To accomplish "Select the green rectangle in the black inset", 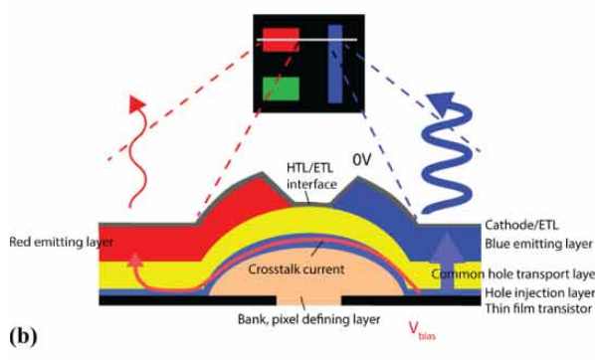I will (281, 89).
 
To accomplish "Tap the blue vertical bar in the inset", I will (335, 64).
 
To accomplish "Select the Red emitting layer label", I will (50, 241).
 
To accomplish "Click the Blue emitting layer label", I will (534, 244).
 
